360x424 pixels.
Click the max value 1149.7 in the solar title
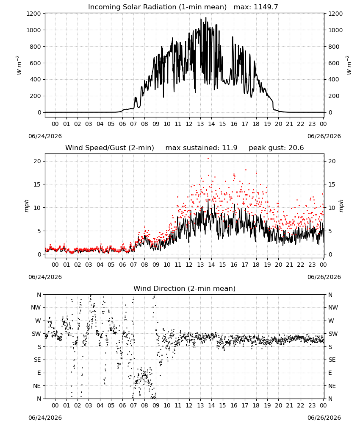point(266,7)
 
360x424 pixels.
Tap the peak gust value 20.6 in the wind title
point(296,148)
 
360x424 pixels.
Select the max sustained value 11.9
point(230,148)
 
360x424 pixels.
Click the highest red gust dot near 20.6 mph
point(208,158)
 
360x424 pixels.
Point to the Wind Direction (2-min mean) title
point(185,288)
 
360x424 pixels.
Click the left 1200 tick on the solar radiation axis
point(33,14)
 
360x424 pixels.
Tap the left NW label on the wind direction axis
point(36,307)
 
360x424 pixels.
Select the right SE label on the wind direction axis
point(332,360)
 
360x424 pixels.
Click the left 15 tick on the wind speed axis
point(37,184)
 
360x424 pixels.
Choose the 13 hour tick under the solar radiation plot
point(200,124)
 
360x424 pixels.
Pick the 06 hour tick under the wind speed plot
point(122,265)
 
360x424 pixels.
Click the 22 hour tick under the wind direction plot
point(301,405)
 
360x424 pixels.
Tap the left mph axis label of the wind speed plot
point(26,206)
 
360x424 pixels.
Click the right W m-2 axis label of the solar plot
point(349,65)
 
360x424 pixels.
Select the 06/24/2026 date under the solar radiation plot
point(45,136)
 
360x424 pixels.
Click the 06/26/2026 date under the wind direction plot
point(324,418)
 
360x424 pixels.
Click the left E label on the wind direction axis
point(39,373)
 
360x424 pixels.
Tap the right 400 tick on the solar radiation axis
point(334,80)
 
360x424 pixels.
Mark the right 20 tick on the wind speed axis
point(332,161)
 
